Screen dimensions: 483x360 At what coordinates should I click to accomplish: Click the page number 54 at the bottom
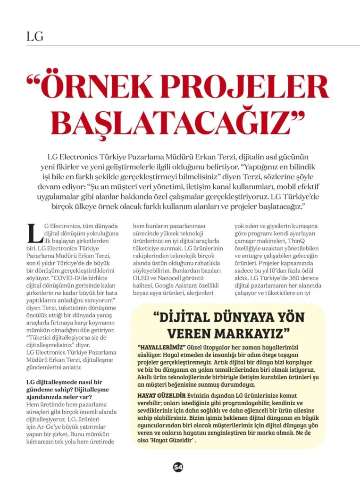178,466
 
